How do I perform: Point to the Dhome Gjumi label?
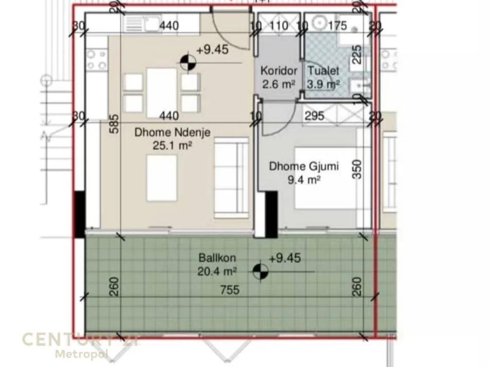tap(296, 167)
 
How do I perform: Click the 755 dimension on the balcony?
tap(229, 290)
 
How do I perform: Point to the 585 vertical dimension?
tap(115, 124)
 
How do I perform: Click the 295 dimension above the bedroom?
tap(314, 116)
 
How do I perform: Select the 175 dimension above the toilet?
tap(337, 26)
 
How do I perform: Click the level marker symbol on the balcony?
tap(260, 270)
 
